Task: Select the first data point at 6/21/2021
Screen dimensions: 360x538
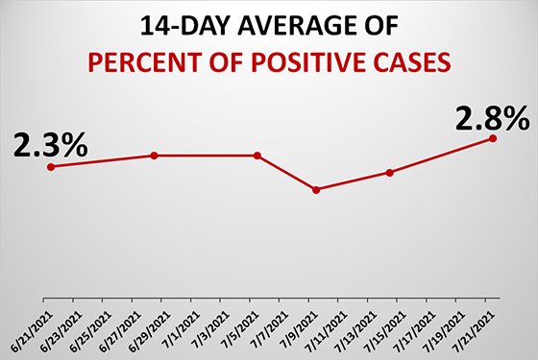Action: click(x=50, y=166)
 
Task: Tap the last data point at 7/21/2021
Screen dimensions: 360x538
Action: click(x=493, y=138)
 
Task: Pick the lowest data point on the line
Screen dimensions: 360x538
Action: click(x=316, y=189)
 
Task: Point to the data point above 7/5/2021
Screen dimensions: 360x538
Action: click(x=257, y=156)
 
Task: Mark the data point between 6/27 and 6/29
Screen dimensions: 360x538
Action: click(x=154, y=156)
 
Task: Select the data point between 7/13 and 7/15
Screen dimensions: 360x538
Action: click(x=390, y=173)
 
